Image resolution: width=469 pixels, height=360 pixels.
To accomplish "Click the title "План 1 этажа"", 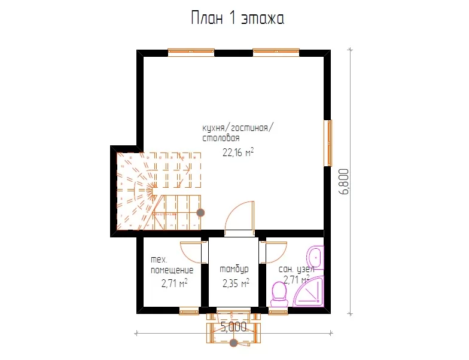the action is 237,18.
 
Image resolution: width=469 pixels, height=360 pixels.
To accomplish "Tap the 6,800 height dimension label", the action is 345,182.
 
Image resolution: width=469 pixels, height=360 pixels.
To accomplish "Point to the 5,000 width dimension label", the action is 233,327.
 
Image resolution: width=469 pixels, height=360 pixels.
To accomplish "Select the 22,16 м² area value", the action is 238,152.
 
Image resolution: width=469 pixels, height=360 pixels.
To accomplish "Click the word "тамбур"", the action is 234,269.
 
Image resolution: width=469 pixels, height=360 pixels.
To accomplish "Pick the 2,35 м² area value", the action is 236,283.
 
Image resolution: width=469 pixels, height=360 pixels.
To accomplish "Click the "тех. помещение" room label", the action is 172,265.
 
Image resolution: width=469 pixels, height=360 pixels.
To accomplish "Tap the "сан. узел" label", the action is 297,269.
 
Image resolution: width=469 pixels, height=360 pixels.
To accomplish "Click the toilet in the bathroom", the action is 280,294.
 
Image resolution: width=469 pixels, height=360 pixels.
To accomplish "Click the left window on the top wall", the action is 191,53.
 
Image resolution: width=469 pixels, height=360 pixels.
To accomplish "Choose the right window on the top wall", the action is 276,53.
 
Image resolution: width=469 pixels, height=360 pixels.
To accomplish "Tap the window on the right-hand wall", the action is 328,143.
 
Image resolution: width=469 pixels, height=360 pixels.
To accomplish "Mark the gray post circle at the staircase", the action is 201,213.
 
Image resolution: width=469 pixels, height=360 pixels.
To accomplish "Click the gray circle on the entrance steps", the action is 233,343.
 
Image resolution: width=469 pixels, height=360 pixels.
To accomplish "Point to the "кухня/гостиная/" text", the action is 238,128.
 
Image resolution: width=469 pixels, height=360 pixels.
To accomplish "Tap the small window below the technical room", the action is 189,312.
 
